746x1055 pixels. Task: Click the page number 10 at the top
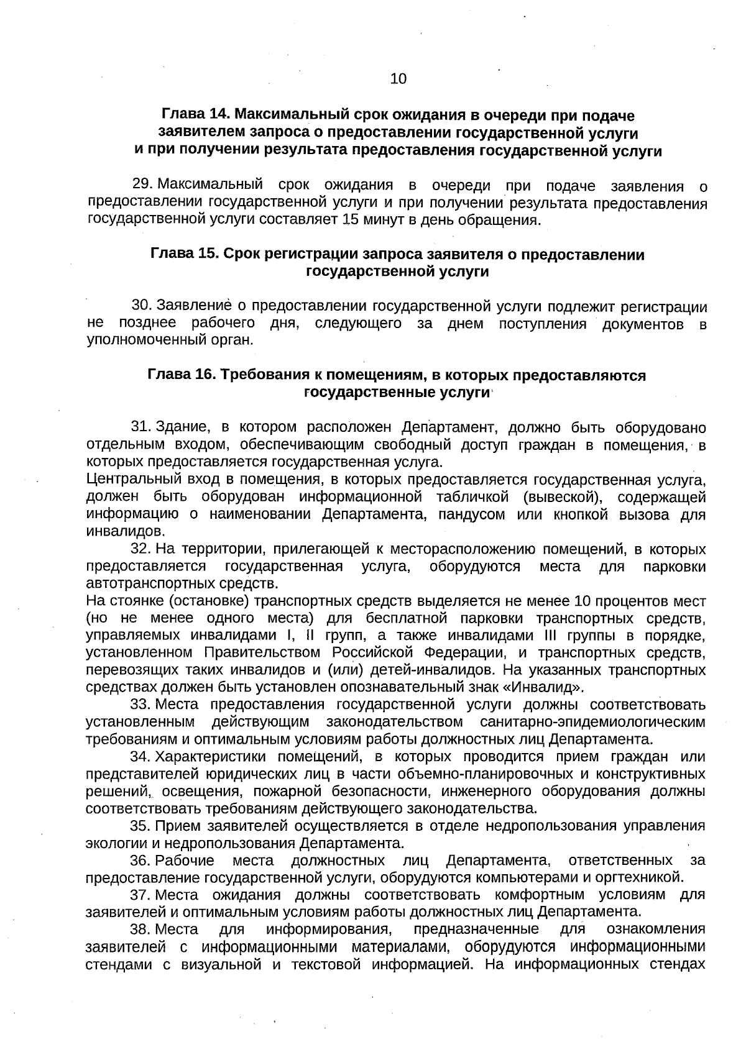click(398, 79)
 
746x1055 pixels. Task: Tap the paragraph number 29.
click(142, 185)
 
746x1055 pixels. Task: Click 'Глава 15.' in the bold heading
click(184, 255)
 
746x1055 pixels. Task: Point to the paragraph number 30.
click(142, 306)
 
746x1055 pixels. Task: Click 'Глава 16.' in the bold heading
click(182, 376)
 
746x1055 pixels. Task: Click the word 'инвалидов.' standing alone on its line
click(117, 532)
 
